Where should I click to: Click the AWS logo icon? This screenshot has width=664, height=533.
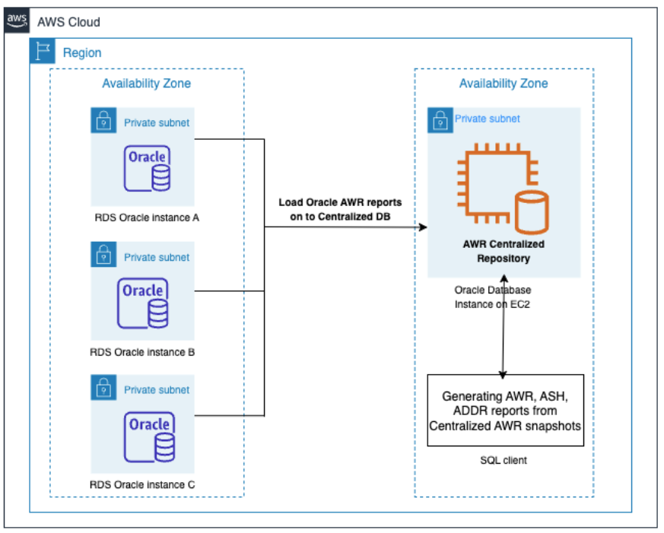point(17,21)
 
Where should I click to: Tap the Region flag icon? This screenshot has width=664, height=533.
point(42,52)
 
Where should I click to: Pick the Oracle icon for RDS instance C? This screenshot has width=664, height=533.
point(149,436)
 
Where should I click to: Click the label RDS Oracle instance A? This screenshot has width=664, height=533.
point(142,217)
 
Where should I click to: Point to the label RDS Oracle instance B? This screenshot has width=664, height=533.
point(142,352)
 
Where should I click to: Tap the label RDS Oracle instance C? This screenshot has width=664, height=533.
point(142,484)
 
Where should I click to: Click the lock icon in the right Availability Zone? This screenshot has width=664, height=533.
point(439,119)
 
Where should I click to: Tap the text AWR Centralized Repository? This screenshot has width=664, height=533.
point(504,251)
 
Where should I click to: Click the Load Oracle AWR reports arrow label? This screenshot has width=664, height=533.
point(339,209)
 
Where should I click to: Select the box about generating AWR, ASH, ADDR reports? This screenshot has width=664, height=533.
point(505,411)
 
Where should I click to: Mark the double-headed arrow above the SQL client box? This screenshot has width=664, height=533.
point(504,327)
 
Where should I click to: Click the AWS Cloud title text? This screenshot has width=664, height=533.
point(68,21)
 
